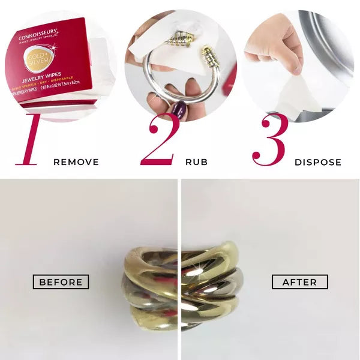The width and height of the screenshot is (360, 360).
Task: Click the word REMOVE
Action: pyautogui.click(x=76, y=162)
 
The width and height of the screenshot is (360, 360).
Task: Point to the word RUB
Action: pyautogui.click(x=197, y=162)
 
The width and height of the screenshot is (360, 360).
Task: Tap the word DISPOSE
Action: pyautogui.click(x=318, y=162)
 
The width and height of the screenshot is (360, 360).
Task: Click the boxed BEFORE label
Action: pyautogui.click(x=61, y=281)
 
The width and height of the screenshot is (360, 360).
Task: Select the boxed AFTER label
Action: pyautogui.click(x=300, y=281)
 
